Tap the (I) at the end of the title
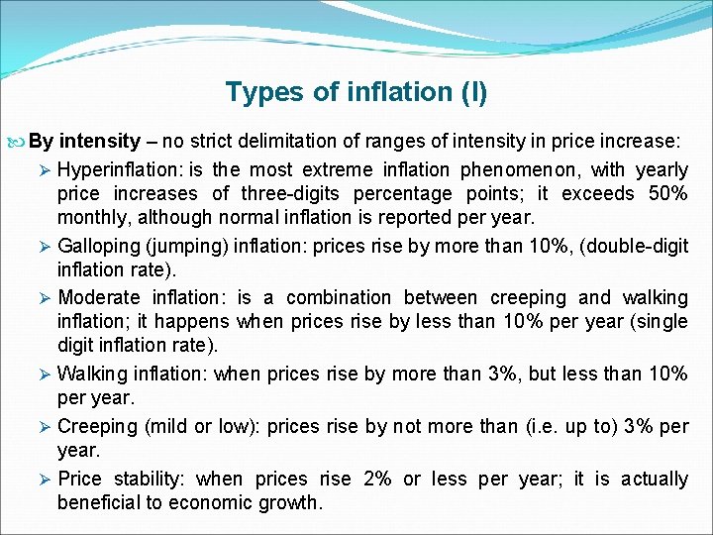[x=473, y=92]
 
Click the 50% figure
[x=666, y=193]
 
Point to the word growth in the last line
[x=290, y=502]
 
